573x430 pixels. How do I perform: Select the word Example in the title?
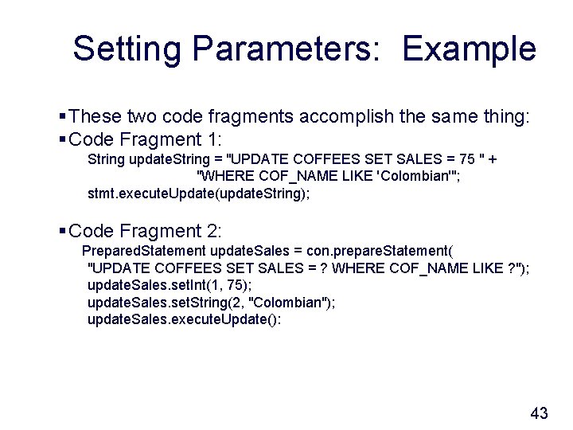point(469,49)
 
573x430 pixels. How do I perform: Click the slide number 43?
point(539,412)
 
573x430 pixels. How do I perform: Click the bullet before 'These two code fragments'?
point(63,117)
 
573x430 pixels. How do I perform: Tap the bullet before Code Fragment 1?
point(63,139)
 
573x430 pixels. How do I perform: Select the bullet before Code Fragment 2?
point(63,231)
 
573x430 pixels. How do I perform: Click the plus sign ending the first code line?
point(493,159)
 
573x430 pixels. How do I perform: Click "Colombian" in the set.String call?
point(289,302)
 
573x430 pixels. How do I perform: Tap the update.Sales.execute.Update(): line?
point(184,319)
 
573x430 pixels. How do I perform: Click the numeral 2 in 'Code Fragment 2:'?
point(209,231)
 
